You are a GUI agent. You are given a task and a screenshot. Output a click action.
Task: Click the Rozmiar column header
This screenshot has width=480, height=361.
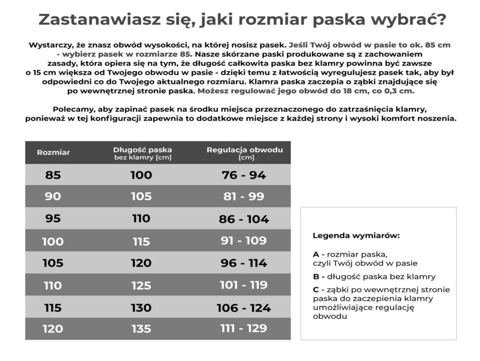(53, 153)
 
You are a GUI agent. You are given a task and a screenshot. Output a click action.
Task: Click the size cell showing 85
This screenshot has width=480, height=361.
(53, 175)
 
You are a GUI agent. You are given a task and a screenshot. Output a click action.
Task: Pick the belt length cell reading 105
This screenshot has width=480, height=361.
(141, 196)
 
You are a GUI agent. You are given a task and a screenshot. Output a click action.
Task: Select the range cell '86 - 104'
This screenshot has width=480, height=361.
(244, 219)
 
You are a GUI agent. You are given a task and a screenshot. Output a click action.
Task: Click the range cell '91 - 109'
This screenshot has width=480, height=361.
(244, 241)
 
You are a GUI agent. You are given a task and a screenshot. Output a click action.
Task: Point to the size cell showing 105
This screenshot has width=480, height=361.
(53, 263)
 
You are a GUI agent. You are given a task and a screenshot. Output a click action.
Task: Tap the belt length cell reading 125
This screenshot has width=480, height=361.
(141, 286)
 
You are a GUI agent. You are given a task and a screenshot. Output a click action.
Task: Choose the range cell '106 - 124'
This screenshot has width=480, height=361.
(244, 308)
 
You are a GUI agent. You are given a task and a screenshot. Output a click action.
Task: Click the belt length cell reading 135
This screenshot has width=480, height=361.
(141, 329)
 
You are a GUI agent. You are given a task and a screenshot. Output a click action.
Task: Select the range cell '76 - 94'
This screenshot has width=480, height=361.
(244, 175)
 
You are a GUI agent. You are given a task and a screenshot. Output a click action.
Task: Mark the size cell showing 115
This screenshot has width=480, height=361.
(53, 308)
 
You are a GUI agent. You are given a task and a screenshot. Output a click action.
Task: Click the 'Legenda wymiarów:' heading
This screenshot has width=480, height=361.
(356, 235)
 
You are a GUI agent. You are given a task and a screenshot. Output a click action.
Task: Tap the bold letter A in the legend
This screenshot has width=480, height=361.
(316, 254)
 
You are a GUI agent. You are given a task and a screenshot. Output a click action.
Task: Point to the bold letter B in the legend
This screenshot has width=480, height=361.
(316, 277)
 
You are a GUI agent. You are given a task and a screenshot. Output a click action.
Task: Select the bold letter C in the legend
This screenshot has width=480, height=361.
(316, 290)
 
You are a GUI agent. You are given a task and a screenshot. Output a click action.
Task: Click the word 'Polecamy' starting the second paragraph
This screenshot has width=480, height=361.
(70, 109)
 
